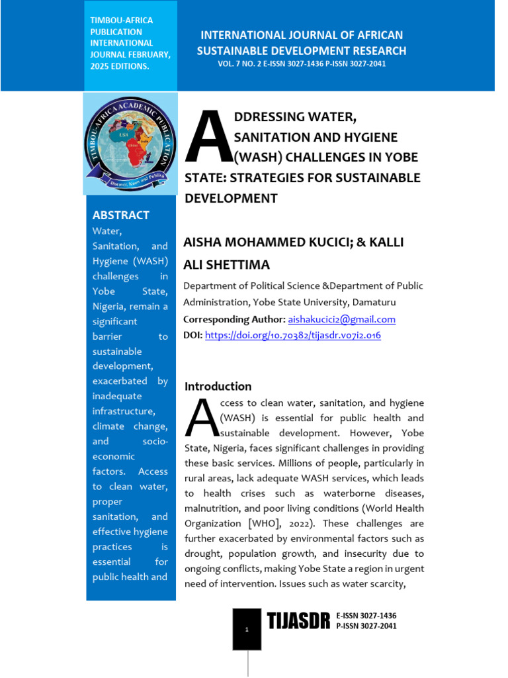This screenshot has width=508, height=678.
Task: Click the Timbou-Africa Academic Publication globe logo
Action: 130,143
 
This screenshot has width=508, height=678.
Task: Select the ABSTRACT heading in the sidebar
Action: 120,215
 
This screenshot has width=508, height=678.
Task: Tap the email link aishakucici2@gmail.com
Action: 341,319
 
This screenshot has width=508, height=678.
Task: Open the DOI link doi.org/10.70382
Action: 292,336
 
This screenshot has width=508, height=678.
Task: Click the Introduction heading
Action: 218,386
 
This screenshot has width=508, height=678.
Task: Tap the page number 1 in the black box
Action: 247,630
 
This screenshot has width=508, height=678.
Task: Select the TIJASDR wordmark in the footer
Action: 298,622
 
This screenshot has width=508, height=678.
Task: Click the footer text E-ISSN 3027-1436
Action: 366,616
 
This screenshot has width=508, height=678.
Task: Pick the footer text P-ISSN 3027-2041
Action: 366,626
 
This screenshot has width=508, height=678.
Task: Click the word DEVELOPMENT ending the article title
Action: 230,198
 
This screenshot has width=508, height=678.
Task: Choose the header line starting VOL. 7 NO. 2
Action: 302,64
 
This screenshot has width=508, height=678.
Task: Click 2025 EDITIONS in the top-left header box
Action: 120,67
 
